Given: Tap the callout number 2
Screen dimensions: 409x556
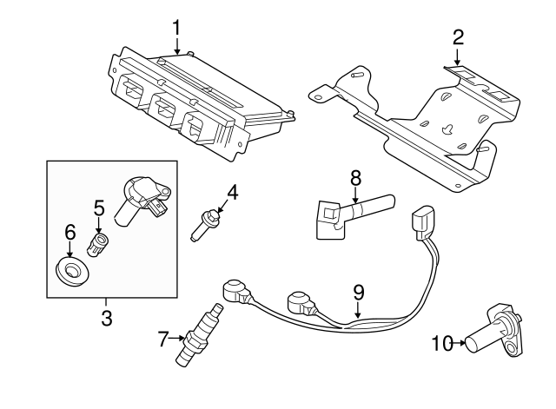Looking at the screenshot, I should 458,36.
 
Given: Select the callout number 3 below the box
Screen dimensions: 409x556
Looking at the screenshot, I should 107,318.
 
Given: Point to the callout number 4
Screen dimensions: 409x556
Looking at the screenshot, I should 232,192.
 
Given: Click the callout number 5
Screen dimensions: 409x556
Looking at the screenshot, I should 98,208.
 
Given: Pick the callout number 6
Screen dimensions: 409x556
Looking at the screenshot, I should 70,233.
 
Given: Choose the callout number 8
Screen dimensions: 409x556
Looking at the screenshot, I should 355,177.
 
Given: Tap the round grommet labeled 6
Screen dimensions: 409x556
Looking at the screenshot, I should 72,271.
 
